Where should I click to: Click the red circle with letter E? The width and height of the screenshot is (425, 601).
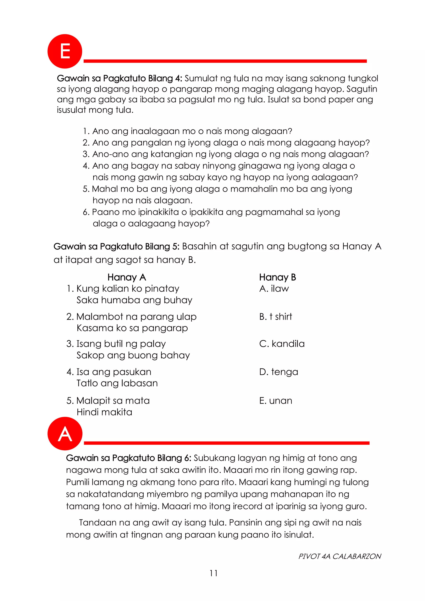(65, 51)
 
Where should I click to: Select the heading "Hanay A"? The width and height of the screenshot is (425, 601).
(127, 277)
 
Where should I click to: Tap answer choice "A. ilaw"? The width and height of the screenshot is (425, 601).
(274, 289)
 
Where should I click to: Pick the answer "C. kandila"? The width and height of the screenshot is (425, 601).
(282, 344)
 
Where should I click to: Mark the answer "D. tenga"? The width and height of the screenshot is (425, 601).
(279, 372)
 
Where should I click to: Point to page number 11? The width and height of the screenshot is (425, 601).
(213, 573)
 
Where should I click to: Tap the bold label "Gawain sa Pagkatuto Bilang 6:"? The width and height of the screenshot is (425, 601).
(129, 458)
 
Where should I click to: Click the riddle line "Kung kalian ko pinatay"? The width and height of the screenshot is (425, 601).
(128, 289)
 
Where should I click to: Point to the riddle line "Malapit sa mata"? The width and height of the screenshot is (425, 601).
(113, 401)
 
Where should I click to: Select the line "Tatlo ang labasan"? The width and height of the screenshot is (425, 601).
(117, 383)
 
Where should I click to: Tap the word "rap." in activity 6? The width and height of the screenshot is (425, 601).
(349, 470)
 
